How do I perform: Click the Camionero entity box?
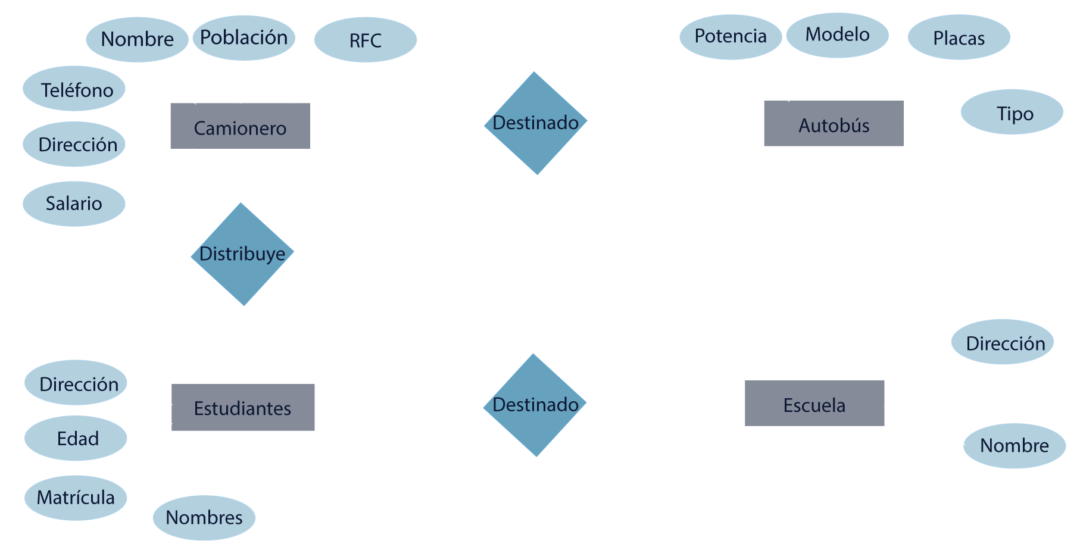pos(240,126)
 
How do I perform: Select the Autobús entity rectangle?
pos(834,124)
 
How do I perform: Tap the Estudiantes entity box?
pos(243,408)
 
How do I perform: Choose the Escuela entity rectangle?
pos(814,404)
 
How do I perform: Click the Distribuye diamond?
pos(242,254)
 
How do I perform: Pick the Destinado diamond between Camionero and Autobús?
pos(536,123)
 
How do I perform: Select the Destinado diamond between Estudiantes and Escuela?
pos(535,405)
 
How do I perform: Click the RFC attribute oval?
pos(365,40)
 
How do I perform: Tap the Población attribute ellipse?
pos(244,38)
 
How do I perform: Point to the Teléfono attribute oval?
pos(74,89)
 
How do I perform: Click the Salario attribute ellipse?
pos(74,204)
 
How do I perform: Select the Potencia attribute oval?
pos(731,37)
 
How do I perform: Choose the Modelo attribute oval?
pos(837,35)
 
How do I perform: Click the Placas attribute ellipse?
pos(959,37)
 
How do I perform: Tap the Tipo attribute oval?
pos(1012,112)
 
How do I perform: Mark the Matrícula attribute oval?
pos(76,498)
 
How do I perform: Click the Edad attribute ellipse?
pos(76,439)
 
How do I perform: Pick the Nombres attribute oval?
pos(204,518)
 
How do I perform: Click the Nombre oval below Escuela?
pos(1014,446)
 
